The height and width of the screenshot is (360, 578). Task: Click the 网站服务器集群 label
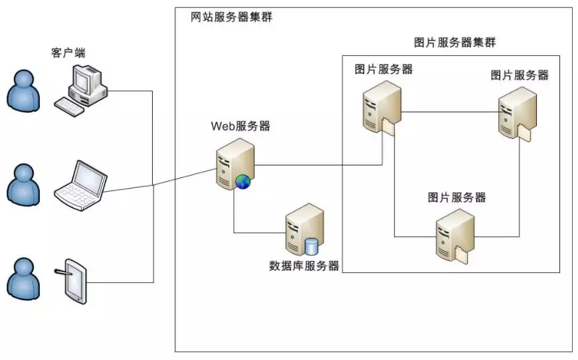(231, 17)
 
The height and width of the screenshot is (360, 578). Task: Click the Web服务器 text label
(241, 126)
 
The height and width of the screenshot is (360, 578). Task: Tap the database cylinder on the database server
(311, 246)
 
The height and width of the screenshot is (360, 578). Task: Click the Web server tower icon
(235, 162)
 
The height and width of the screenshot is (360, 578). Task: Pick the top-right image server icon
(516, 112)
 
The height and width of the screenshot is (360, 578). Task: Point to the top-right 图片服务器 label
(520, 75)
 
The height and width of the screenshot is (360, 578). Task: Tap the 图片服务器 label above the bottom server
(457, 197)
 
